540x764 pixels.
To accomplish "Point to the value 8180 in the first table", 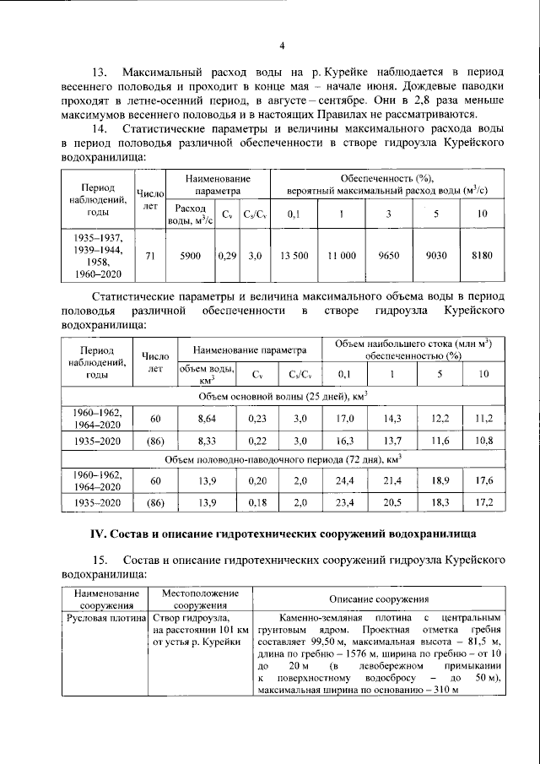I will pyautogui.click(x=482, y=255).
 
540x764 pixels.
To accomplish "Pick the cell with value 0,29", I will pyautogui.click(x=227, y=255).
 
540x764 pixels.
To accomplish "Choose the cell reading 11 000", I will pyautogui.click(x=342, y=255).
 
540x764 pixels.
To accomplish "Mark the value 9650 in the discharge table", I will pyautogui.click(x=388, y=255).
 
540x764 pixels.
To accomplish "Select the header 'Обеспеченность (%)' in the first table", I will pyautogui.click(x=386, y=179).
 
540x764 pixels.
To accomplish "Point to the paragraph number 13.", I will pyautogui.click(x=100, y=73).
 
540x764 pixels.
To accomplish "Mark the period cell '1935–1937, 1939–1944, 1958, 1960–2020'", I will pyautogui.click(x=98, y=255).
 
